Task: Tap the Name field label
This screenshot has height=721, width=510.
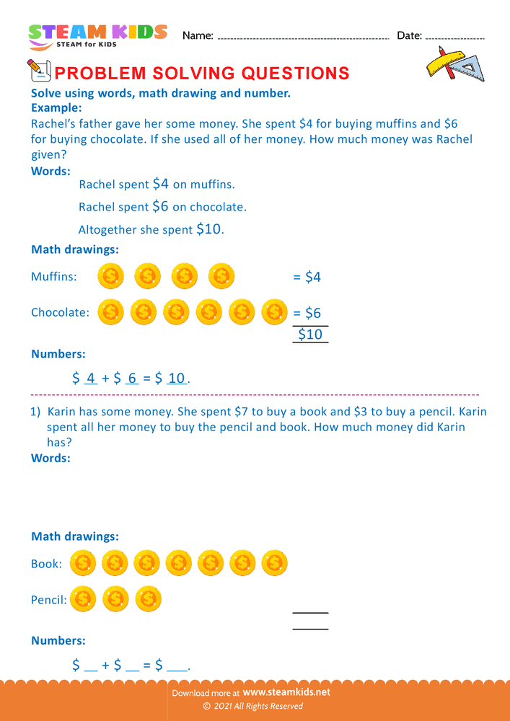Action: click(x=198, y=35)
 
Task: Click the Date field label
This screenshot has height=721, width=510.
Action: click(x=409, y=35)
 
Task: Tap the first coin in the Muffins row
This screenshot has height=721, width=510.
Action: click(x=110, y=275)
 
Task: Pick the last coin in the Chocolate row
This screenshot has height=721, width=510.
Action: click(x=275, y=311)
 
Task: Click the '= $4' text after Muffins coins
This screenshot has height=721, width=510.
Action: click(x=307, y=277)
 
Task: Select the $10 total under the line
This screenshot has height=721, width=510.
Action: click(x=310, y=335)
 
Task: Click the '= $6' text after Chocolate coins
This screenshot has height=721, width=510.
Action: click(x=307, y=313)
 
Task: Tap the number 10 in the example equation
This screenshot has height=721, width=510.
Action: click(x=176, y=378)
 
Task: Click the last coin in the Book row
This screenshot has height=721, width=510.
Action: click(x=275, y=563)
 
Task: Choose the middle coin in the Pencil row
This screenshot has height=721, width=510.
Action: click(x=115, y=598)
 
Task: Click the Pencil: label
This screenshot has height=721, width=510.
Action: click(x=49, y=599)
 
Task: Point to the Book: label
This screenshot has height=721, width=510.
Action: click(x=46, y=564)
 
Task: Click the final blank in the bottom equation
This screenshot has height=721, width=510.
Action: click(x=176, y=666)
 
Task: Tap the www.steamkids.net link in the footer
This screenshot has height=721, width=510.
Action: click(x=286, y=692)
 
